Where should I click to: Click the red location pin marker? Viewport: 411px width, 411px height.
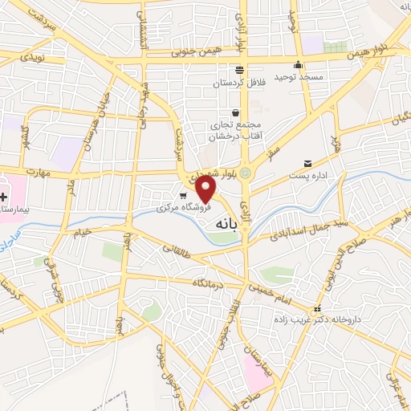pos(206,189)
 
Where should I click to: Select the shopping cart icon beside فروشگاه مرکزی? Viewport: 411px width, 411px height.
pos(183,195)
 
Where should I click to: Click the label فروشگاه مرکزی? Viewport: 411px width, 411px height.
pos(183,206)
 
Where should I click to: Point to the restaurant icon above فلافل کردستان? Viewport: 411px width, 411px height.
pos(238,69)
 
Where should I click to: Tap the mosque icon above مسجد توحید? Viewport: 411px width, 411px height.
pos(299,66)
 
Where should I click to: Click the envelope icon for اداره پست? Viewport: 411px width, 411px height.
pos(308,164)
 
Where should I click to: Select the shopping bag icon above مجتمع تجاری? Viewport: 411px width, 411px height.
pos(235,113)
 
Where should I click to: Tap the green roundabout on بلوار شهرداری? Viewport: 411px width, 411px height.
pos(246,172)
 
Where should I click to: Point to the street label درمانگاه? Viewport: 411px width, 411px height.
pos(206,283)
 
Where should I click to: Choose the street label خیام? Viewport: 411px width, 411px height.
pos(83,230)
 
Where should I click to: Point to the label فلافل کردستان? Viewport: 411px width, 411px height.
pos(233,83)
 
